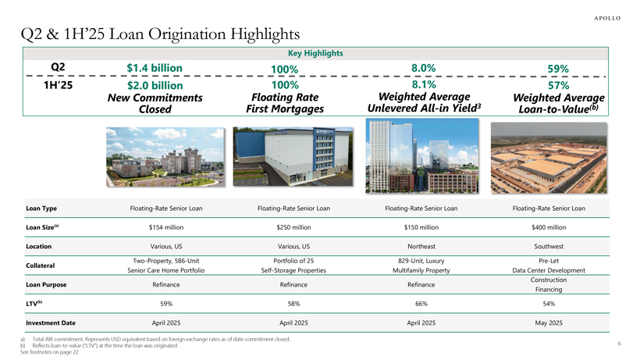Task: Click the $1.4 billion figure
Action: tap(155, 70)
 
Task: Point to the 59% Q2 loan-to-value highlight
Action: tap(558, 69)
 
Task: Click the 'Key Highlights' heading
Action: tap(316, 53)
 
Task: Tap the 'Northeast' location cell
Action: tap(421, 246)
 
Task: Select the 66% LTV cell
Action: tap(421, 303)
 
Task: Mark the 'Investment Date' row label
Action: tap(52, 322)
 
